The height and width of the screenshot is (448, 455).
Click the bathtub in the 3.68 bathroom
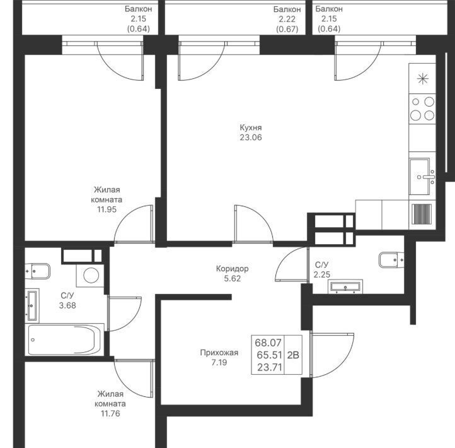tap(64, 339)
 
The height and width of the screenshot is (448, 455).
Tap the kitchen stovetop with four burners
tap(422, 109)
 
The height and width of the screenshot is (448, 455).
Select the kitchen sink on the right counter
tap(422, 177)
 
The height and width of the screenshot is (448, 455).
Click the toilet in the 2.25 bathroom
tap(391, 259)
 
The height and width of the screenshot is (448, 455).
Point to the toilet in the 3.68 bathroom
tap(37, 271)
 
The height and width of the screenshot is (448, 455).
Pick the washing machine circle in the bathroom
tap(91, 275)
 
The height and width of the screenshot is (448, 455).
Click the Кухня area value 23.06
tap(251, 138)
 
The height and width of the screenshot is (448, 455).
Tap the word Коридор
tap(232, 268)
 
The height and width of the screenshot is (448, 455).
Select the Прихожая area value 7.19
tap(219, 363)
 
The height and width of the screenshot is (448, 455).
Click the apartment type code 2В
tap(293, 355)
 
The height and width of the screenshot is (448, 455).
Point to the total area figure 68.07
tap(268, 343)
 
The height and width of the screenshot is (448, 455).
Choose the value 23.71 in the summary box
tap(270, 367)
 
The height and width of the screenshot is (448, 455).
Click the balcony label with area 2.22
tap(287, 19)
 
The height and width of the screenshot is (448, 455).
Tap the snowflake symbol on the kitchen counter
tap(422, 79)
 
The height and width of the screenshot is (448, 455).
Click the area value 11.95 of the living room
tap(107, 209)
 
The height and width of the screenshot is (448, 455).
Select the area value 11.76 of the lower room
tap(110, 413)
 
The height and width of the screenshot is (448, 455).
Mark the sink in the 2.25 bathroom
tap(345, 286)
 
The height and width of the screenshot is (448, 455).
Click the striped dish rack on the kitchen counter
tap(422, 214)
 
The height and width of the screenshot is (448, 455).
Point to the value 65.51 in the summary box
tap(269, 355)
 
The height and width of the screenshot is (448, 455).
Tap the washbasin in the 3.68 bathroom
tap(32, 305)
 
